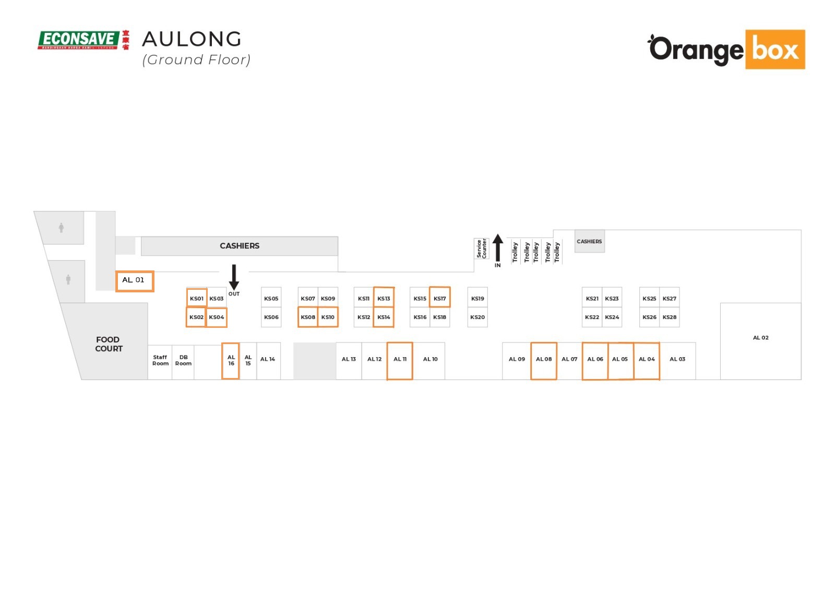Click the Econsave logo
pos(83,40)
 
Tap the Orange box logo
pos(726,50)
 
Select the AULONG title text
pos(192,39)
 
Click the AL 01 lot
pos(134,281)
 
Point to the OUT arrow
pos(234,277)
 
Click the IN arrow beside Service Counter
pos(498,247)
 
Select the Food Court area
pos(109,344)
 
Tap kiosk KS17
pos(439,298)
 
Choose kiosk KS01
pos(197,298)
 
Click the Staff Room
pos(160,361)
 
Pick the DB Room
pos(183,361)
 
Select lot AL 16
pos(231,361)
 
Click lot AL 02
pos(760,338)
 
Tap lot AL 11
pos(400,360)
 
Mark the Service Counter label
pos(481,249)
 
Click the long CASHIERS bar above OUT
pos(240,246)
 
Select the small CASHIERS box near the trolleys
pos(589,241)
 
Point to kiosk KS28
pos(670,317)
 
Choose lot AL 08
pos(543,360)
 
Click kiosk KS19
pos(478,299)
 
